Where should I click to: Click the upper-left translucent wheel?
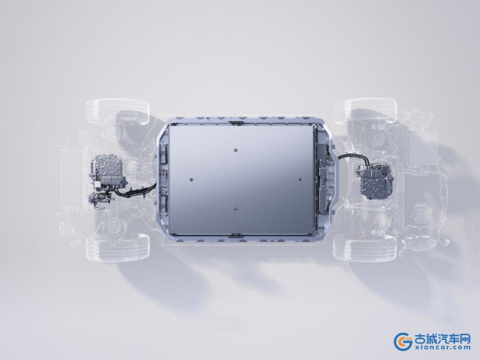[118, 111]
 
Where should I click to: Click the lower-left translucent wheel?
[118, 247]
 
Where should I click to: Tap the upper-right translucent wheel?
[365, 111]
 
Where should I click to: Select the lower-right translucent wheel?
[365, 247]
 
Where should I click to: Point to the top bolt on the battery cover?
[236, 150]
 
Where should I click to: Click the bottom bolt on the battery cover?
[236, 209]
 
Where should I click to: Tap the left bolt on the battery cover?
[191, 179]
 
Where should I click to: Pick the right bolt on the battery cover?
[300, 179]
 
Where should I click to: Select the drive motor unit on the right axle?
[375, 181]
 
